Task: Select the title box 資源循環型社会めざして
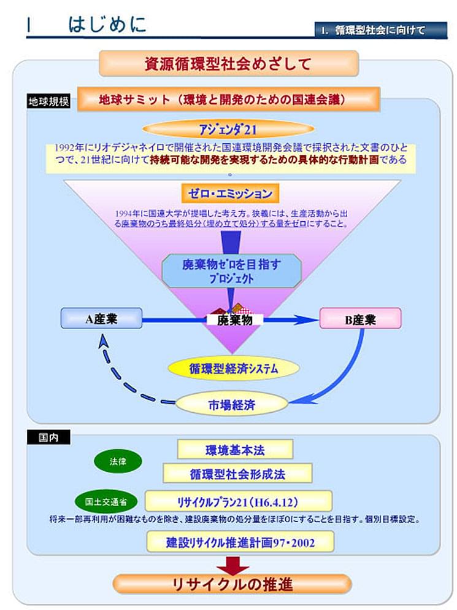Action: click(228, 63)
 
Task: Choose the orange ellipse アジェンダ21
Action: click(228, 129)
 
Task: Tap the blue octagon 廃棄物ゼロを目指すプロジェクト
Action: click(231, 270)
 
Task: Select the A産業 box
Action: click(101, 318)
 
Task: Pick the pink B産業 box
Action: click(361, 319)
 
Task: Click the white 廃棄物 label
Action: click(234, 320)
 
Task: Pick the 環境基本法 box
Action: click(235, 450)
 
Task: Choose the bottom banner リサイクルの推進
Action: click(232, 584)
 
